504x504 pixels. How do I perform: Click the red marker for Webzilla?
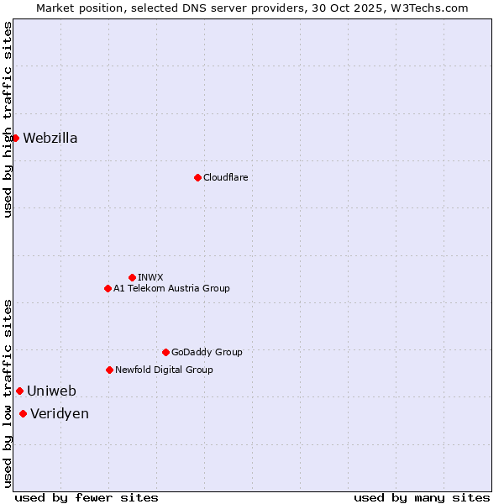(15, 138)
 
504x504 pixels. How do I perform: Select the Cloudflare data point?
(197, 177)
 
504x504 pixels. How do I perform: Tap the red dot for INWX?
(132, 277)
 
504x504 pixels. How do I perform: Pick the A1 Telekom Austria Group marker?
(108, 288)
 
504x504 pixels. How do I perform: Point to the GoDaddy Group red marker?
(165, 352)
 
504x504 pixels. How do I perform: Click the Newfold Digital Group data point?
(109, 370)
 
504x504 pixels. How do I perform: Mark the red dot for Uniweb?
(19, 391)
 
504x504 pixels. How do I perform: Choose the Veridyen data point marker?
(23, 413)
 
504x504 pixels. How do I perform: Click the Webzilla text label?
(50, 139)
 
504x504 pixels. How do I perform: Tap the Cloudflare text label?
(225, 177)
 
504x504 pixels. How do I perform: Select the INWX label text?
(150, 277)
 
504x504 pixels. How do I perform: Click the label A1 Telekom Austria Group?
(171, 288)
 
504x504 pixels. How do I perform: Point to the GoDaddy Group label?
(207, 352)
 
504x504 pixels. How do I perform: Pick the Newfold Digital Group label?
(164, 370)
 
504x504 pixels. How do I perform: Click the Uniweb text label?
(51, 391)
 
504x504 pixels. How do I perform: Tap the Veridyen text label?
(60, 414)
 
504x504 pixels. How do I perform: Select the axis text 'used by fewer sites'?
(87, 497)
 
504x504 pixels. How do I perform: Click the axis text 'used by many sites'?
(422, 497)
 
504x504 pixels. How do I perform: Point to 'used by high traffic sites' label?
(8, 119)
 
